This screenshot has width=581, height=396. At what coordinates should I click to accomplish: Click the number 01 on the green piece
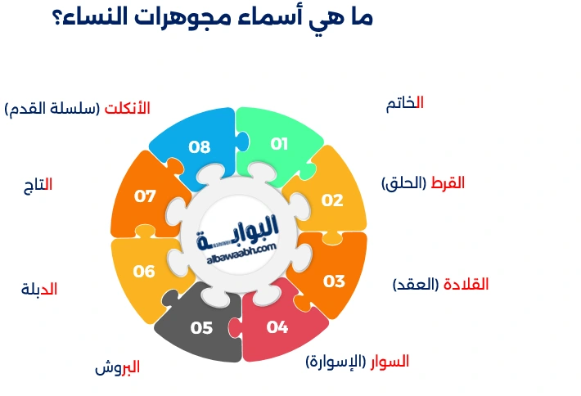tap(280, 144)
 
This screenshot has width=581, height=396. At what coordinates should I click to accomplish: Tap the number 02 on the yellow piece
tap(332, 200)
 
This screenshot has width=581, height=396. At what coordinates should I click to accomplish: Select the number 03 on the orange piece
tap(334, 281)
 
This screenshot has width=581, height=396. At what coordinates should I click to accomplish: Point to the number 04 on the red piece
tap(277, 328)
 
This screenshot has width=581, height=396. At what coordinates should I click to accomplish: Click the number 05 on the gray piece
tap(201, 328)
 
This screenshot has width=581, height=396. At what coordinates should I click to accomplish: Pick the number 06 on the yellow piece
tap(144, 272)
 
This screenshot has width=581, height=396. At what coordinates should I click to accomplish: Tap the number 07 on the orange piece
tap(145, 196)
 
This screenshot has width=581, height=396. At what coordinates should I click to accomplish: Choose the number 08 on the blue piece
tap(200, 147)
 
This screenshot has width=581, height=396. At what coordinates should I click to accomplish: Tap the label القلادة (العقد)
tap(440, 285)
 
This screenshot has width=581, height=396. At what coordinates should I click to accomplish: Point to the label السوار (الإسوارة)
tap(357, 361)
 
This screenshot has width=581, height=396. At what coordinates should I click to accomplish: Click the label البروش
tap(117, 367)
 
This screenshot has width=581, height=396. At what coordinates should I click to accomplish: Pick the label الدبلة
tap(38, 289)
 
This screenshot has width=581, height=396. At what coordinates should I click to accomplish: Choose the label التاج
tap(38, 185)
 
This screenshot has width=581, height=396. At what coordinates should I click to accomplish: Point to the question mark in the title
tap(60, 18)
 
